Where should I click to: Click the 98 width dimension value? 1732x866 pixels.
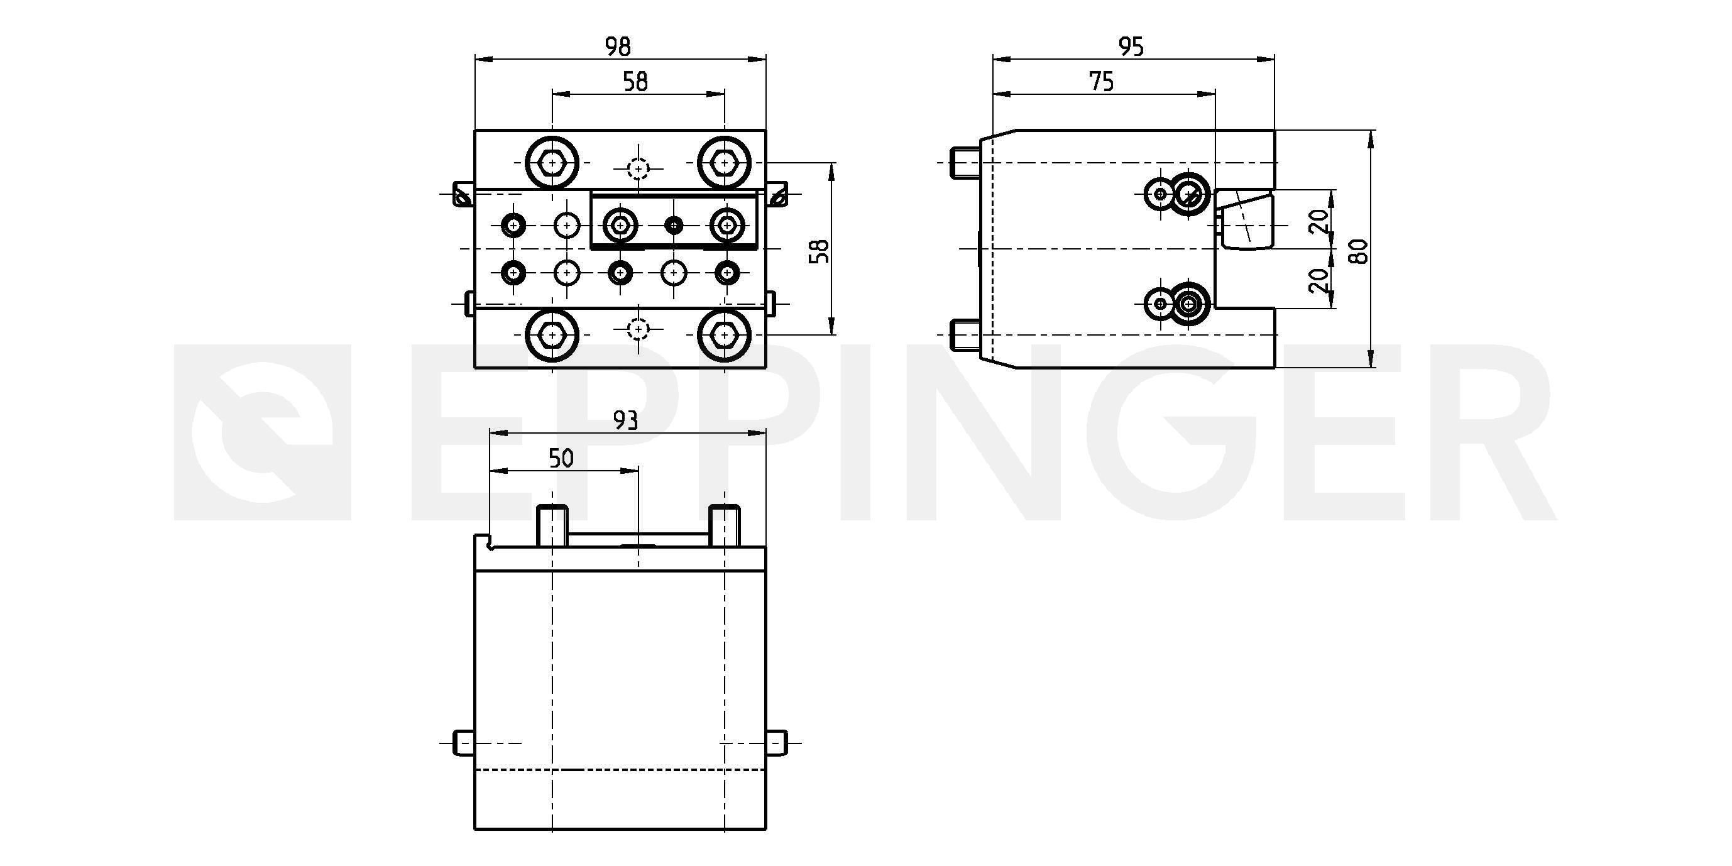coord(618,47)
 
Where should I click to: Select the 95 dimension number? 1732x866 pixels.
coord(1131,47)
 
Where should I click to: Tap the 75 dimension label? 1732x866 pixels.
coord(1101,81)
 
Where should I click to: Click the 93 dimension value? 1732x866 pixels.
coord(625,421)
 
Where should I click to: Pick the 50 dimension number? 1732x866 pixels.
coord(561,459)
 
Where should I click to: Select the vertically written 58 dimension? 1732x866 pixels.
coord(819,251)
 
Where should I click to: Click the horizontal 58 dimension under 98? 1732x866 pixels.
coord(635,81)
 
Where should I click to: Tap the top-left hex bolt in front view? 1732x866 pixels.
coord(552,163)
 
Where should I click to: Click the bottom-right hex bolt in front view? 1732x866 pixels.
coord(723,334)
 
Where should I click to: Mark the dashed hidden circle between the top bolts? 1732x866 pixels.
coord(637,167)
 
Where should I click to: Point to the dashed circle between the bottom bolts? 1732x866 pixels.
coord(637,329)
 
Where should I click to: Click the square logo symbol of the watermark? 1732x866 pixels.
coord(262,432)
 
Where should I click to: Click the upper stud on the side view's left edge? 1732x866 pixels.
coord(965,163)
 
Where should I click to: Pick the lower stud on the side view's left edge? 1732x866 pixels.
coord(965,335)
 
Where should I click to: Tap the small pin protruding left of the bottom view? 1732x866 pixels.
coord(464,743)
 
